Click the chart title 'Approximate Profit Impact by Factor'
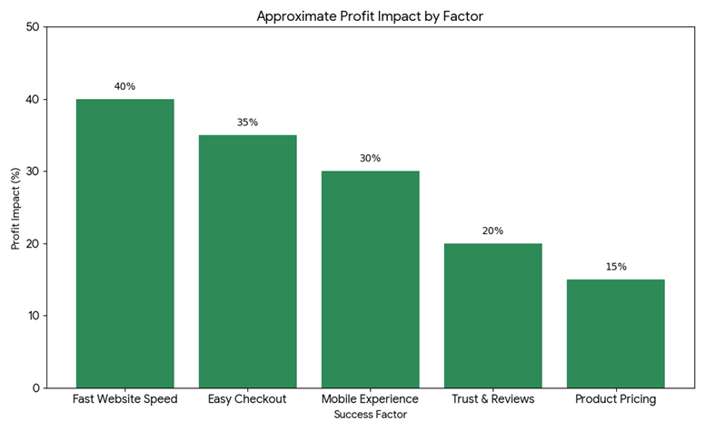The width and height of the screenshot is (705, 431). click(370, 16)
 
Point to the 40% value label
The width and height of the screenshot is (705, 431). click(124, 86)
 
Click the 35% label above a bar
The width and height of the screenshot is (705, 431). click(247, 122)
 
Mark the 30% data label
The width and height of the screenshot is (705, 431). click(370, 158)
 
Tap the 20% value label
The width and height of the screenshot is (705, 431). click(492, 230)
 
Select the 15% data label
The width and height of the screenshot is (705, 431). click(615, 267)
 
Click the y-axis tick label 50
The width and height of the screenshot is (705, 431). click(33, 27)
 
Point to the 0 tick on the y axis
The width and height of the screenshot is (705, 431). click(36, 388)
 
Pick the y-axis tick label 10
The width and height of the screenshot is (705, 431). click(33, 316)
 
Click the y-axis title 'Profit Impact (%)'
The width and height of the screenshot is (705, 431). click(15, 208)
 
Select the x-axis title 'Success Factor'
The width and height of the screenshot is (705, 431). click(370, 415)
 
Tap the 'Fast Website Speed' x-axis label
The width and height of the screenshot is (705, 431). click(124, 399)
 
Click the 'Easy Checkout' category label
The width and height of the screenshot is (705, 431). click(247, 399)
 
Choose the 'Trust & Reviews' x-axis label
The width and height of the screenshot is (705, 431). click(492, 399)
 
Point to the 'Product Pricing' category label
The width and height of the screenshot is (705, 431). click(615, 399)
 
